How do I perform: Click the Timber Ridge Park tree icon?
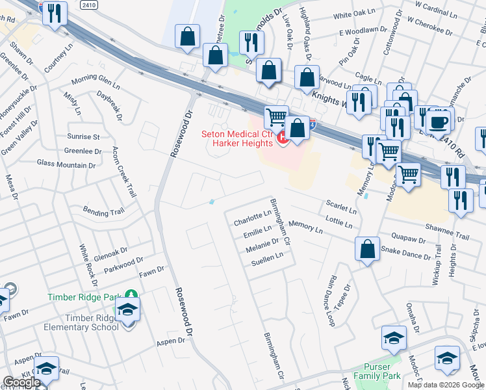point(131,296)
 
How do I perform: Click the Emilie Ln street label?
point(257,230)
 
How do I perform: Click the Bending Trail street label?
point(103,211)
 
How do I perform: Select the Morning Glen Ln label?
point(96,83)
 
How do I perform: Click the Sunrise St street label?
point(83,137)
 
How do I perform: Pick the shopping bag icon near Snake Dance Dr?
point(368,249)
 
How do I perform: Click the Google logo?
point(21,382)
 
